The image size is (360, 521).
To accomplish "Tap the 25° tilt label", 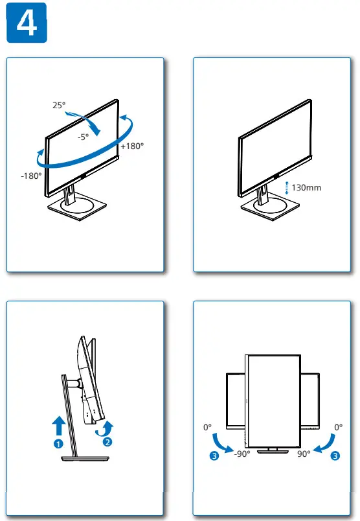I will click(60, 105).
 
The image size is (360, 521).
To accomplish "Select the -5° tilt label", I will click(83, 137).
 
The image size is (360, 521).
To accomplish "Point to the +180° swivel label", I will click(132, 146).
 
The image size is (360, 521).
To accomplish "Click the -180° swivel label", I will click(31, 176).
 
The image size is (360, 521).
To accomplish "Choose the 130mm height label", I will click(306, 188).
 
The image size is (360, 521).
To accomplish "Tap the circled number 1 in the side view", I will click(58, 443).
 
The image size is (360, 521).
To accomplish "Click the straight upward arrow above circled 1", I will click(58, 426).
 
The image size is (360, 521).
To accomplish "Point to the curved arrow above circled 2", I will click(106, 427).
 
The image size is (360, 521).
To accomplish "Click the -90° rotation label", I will click(242, 454).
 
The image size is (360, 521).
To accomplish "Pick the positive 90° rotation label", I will click(304, 454).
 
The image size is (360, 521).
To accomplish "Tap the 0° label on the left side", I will click(207, 428).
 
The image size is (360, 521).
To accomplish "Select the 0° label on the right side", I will click(338, 428).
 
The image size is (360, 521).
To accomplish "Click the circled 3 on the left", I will click(214, 456).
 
